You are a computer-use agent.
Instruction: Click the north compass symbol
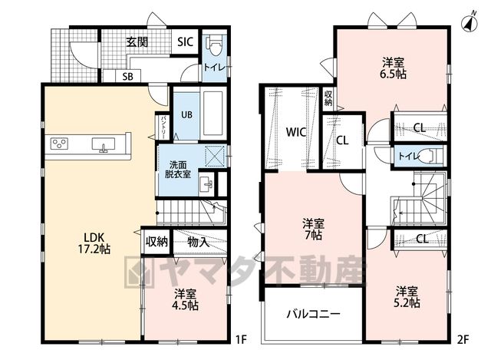(470, 22)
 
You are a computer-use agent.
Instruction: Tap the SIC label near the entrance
(186, 41)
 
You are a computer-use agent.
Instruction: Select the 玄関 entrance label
(137, 42)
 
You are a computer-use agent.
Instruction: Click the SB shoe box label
(128, 76)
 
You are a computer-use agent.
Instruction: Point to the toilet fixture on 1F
(215, 45)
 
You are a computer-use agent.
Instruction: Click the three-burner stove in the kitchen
(60, 144)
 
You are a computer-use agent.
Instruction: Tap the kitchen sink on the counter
(104, 144)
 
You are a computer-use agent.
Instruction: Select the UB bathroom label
(186, 114)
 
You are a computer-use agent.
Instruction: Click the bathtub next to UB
(213, 114)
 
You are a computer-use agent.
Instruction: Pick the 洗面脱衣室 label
(178, 170)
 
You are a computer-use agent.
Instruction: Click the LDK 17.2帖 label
(94, 243)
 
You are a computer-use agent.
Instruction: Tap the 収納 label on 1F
(157, 242)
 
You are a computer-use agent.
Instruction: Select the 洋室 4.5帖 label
(186, 299)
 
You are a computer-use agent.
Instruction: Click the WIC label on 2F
(296, 132)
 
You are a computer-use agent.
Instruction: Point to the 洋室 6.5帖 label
(393, 68)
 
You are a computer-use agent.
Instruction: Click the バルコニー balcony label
(313, 314)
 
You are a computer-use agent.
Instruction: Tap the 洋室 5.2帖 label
(407, 297)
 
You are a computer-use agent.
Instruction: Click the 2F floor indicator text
(463, 339)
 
